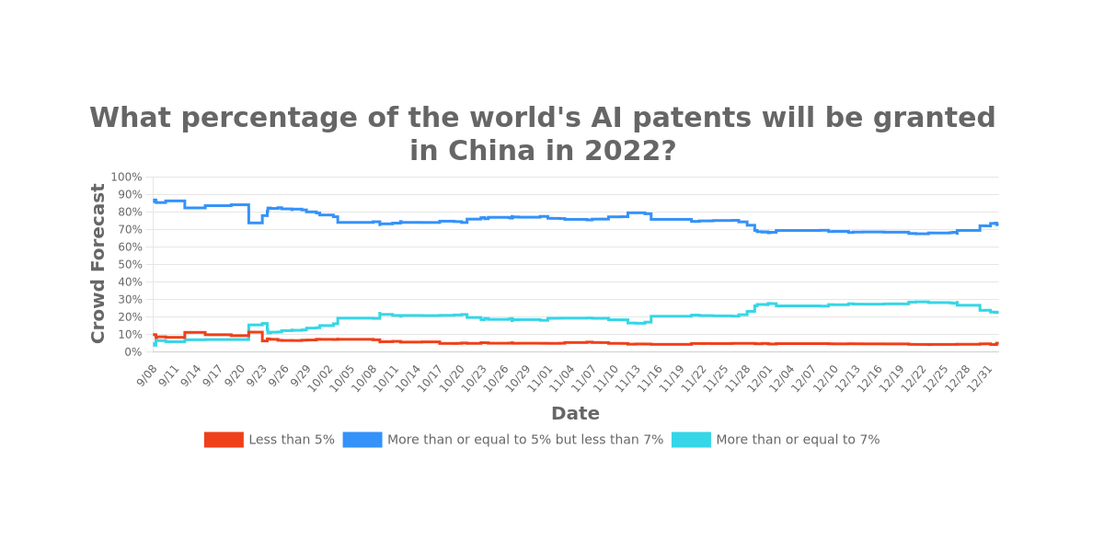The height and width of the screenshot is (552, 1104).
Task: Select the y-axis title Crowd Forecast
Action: [98, 263]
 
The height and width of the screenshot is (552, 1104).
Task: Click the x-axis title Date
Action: [575, 414]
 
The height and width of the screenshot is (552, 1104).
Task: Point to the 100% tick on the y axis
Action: [126, 177]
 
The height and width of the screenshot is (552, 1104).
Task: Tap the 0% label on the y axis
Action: [132, 351]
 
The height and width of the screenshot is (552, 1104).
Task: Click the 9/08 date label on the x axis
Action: [147, 374]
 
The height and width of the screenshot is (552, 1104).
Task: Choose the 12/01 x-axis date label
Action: [759, 375]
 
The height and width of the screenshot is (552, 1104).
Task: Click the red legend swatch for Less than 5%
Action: [224, 440]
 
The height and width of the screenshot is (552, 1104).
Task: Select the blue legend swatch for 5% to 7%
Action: [362, 440]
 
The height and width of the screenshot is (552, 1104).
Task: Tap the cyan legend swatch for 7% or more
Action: [691, 440]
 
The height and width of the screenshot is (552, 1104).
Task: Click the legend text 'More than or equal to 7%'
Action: [798, 440]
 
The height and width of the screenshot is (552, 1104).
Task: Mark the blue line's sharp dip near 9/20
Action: [255, 222]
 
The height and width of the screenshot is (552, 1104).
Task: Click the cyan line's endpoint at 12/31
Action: [997, 312]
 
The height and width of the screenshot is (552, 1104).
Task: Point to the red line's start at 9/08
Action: [154, 336]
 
